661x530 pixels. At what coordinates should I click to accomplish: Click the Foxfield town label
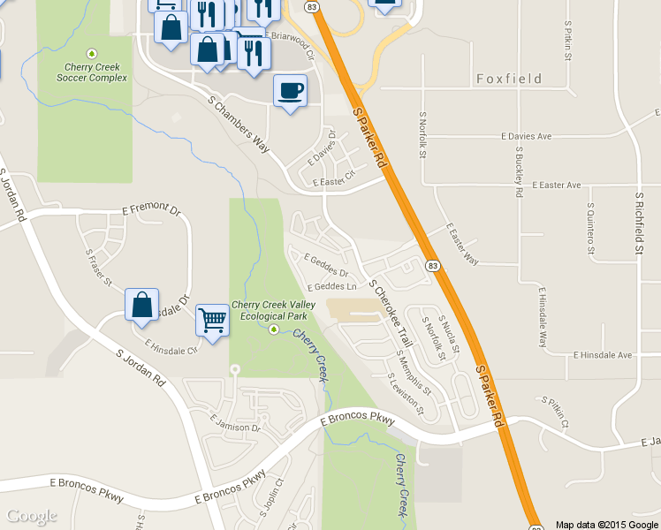coord(509,79)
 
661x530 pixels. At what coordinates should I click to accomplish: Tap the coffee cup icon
coord(291,90)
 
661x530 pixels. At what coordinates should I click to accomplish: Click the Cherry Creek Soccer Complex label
coord(92,72)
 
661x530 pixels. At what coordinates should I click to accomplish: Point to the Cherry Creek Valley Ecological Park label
coord(269,310)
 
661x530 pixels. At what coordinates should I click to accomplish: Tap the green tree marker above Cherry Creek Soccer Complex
coord(92,54)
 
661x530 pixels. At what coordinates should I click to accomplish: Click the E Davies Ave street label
coord(526,137)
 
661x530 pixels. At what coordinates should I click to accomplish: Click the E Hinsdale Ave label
coord(603,355)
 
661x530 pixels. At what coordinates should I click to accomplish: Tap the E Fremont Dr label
coord(151,210)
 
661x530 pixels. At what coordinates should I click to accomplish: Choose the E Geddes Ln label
coord(331,287)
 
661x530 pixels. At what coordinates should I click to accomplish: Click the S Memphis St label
coord(414,370)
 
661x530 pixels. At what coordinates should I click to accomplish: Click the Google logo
coord(32,516)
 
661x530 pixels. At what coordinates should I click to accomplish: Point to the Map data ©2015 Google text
coord(606,524)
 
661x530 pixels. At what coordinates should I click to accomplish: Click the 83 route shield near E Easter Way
coord(432,266)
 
